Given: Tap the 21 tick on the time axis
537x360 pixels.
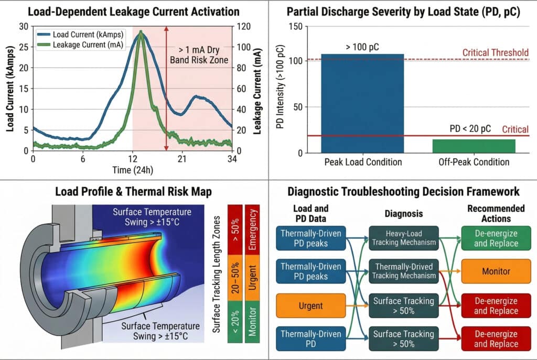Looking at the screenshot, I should tap(181, 158).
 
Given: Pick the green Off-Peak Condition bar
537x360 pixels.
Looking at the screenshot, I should tap(474, 146).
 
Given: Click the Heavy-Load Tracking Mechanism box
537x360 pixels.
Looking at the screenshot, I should tap(402, 237).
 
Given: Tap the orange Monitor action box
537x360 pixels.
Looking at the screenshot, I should tap(496, 271).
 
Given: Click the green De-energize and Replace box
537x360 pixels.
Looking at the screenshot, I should tap(496, 237).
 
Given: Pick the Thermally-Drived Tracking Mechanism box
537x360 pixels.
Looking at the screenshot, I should tap(402, 271).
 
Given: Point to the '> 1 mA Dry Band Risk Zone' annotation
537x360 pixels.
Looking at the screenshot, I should tap(199, 55).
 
